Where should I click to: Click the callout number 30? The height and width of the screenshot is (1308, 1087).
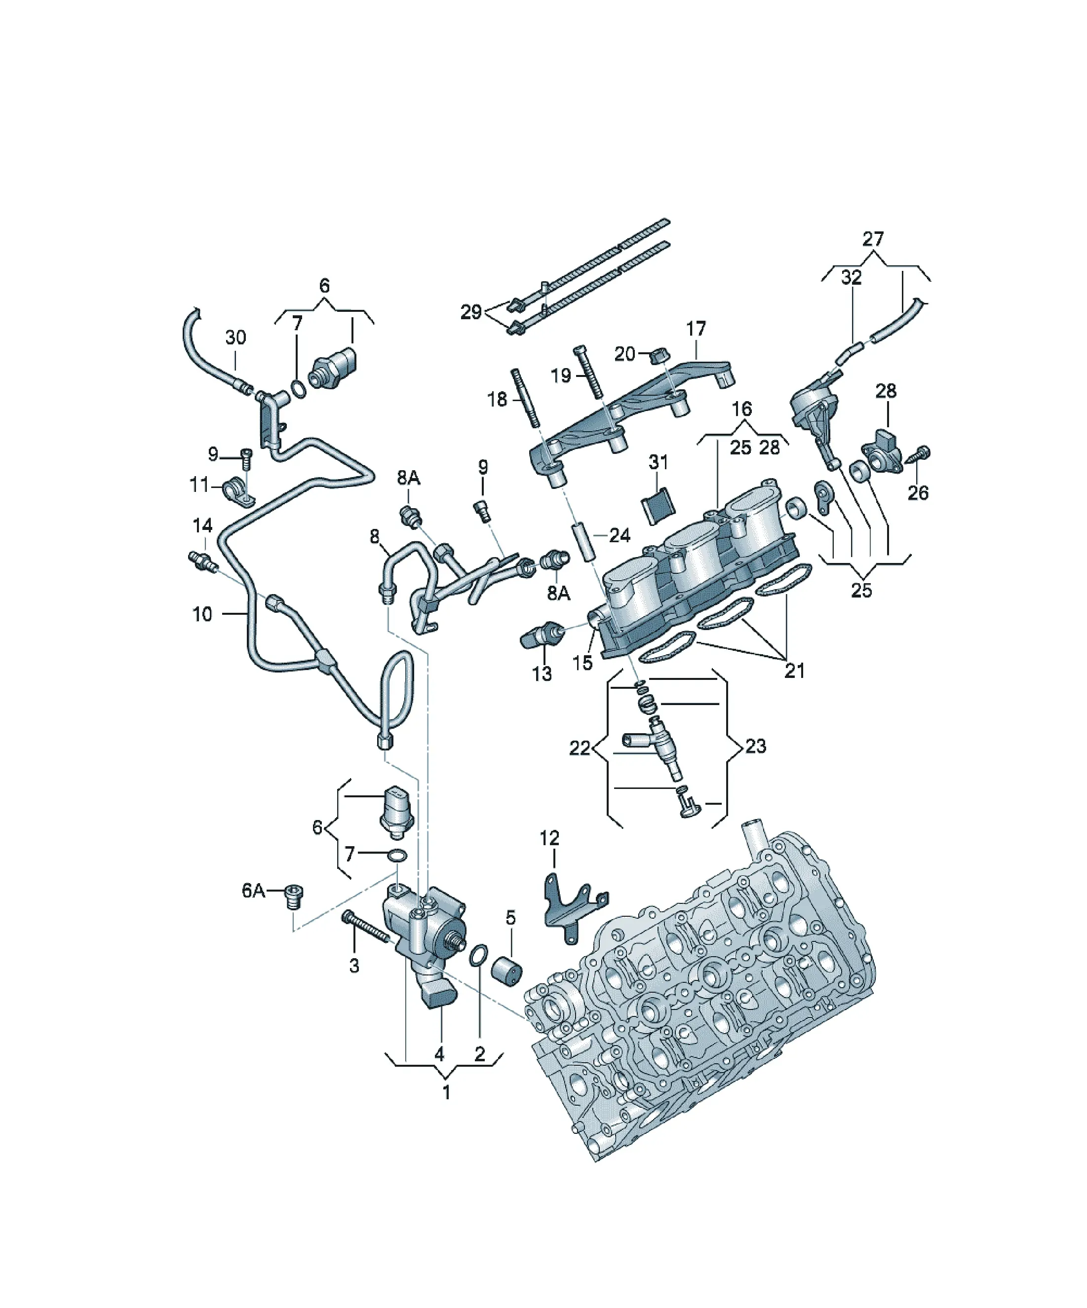click(235, 337)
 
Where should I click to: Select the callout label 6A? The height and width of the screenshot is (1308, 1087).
click(254, 891)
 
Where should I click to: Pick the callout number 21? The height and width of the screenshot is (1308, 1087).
click(794, 671)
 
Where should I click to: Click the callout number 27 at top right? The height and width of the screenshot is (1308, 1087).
click(873, 239)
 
